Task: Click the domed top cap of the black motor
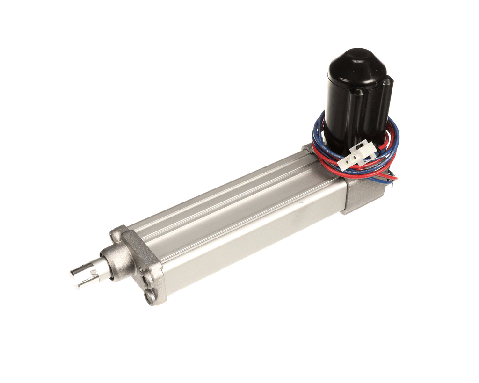pos(357,65)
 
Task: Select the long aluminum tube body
pos(243,220)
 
